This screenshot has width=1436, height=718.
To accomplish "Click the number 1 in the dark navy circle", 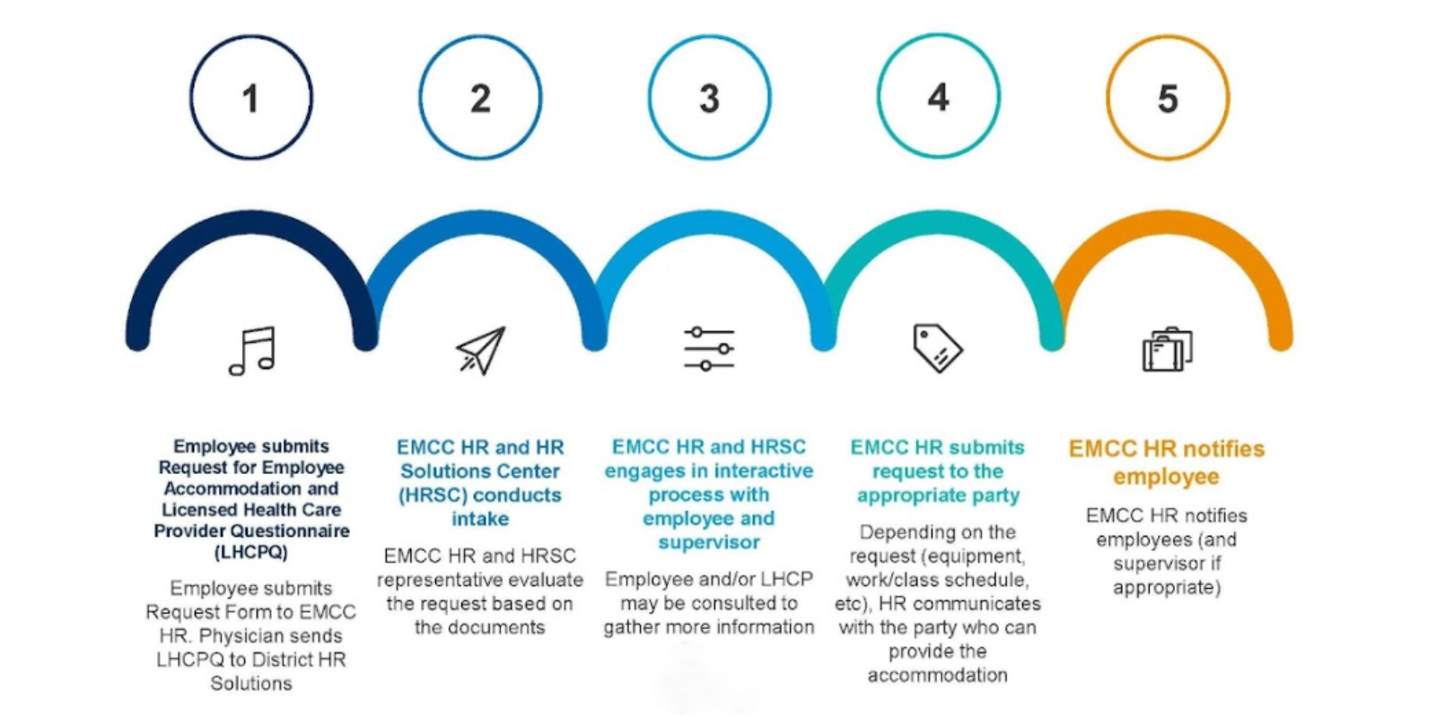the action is click(250, 99).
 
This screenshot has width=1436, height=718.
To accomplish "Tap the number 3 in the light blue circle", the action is click(709, 99).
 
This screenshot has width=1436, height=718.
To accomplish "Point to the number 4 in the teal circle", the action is click(939, 98).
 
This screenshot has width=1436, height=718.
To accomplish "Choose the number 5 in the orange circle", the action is click(1168, 99).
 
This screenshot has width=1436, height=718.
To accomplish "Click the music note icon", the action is click(252, 351).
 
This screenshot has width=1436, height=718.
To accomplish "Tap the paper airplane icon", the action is click(481, 350).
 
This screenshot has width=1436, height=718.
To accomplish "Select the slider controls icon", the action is click(709, 349).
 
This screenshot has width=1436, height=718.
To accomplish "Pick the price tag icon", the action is click(938, 348).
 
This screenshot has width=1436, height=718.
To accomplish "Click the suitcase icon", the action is click(1168, 349).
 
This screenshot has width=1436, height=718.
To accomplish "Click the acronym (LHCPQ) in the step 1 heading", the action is click(250, 552).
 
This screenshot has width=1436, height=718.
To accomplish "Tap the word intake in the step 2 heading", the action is click(480, 518).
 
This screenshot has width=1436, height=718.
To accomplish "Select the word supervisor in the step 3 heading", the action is click(709, 542).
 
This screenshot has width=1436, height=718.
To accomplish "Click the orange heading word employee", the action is click(1166, 477).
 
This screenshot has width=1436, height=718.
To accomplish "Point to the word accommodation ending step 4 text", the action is click(937, 675).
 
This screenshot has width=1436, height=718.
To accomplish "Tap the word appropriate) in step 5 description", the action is click(1167, 588).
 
